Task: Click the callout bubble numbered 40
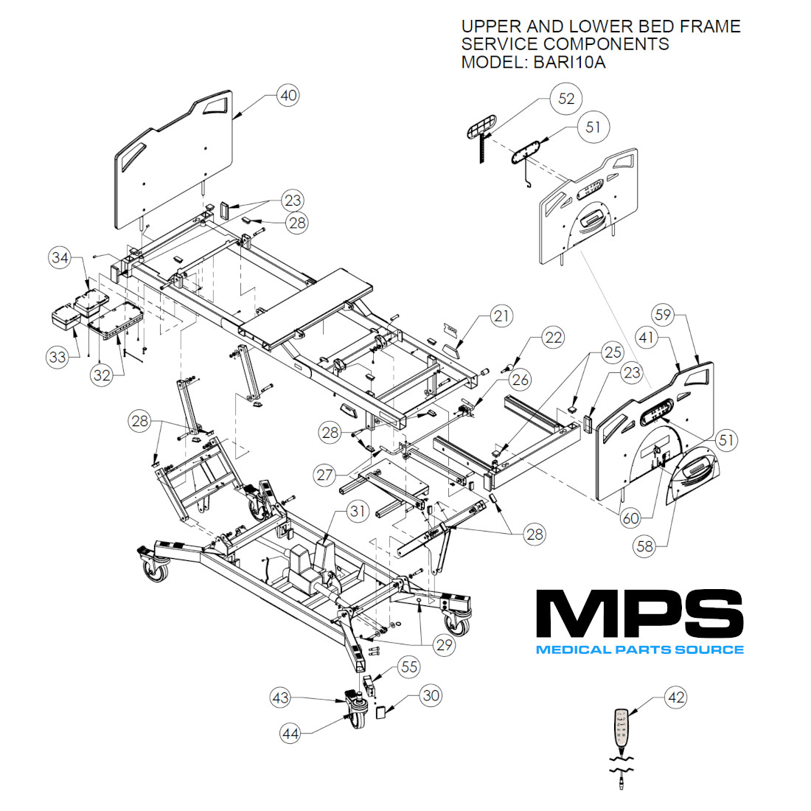288,95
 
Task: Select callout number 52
566,99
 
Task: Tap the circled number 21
501,316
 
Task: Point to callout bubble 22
552,338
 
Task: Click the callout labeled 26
521,380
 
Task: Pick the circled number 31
358,511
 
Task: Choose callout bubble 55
408,667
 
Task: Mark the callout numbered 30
431,695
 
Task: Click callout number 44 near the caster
291,733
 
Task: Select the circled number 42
675,697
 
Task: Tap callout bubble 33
58,358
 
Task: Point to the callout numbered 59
664,316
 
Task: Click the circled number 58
646,546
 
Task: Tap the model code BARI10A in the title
566,62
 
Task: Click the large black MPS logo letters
638,614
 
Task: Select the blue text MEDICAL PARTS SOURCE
638,650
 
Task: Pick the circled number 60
631,518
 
